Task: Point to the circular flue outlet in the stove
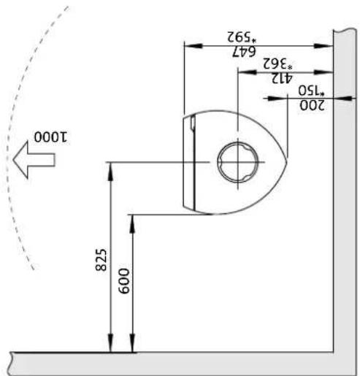point(237,160)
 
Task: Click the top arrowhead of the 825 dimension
point(110,166)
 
